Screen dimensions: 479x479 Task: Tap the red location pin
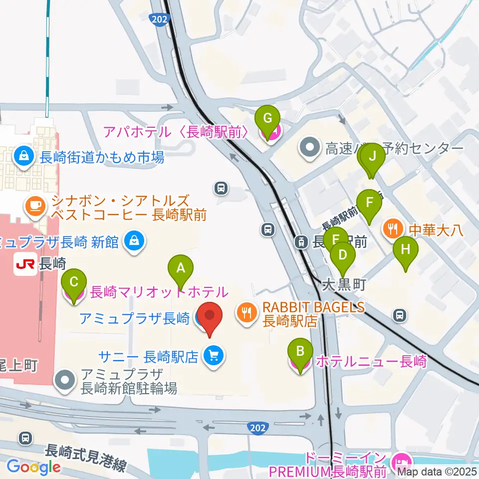click(x=210, y=319)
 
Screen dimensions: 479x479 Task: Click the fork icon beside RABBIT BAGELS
click(x=246, y=313)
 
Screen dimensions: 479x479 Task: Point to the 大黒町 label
click(x=344, y=285)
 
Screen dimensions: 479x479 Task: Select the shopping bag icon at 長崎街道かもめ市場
click(x=23, y=156)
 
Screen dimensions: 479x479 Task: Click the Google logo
click(x=33, y=467)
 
